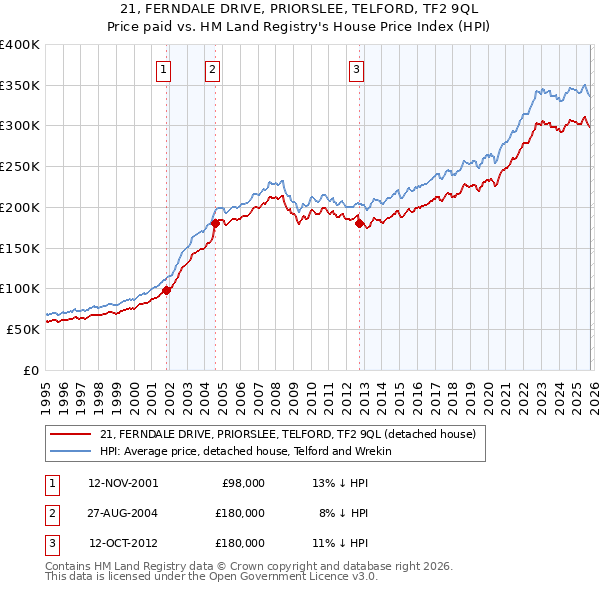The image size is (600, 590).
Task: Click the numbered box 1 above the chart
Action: point(163,69)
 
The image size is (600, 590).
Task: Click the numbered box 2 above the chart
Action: point(213,69)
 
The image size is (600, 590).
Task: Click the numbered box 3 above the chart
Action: point(357,69)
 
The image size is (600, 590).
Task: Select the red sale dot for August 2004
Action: point(216,224)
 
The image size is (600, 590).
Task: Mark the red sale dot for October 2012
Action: point(360,223)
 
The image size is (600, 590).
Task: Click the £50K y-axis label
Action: point(23,329)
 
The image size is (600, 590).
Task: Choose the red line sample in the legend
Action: point(72,434)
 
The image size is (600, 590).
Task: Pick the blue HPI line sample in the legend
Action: point(72,451)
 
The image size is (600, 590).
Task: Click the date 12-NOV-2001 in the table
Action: point(123,482)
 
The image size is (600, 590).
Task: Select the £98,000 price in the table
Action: point(242,482)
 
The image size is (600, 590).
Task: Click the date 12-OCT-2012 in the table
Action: point(123,543)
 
